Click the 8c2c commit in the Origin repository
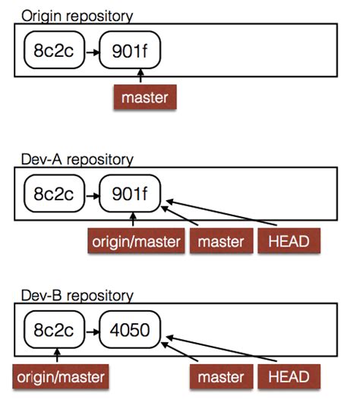pyautogui.click(x=52, y=52)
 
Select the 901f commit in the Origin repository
pyautogui.click(x=130, y=52)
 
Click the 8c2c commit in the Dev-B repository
pyautogui.click(x=52, y=330)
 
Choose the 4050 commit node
pyautogui.click(x=131, y=330)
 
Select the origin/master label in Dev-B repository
pyautogui.click(x=58, y=375)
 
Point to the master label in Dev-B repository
pyautogui.click(x=220, y=375)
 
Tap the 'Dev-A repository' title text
pyautogui.click(x=77, y=159)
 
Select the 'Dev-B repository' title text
pyautogui.click(x=77, y=294)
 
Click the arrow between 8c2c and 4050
pyautogui.click(x=91, y=331)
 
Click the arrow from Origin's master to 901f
pyautogui.click(x=141, y=77)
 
